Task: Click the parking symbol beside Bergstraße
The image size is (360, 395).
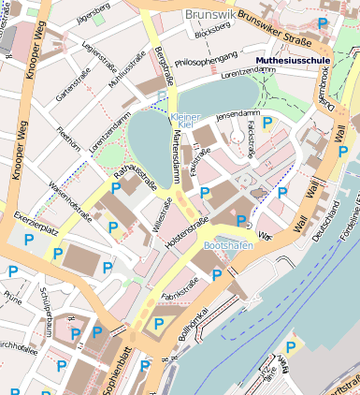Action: click(162, 95)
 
